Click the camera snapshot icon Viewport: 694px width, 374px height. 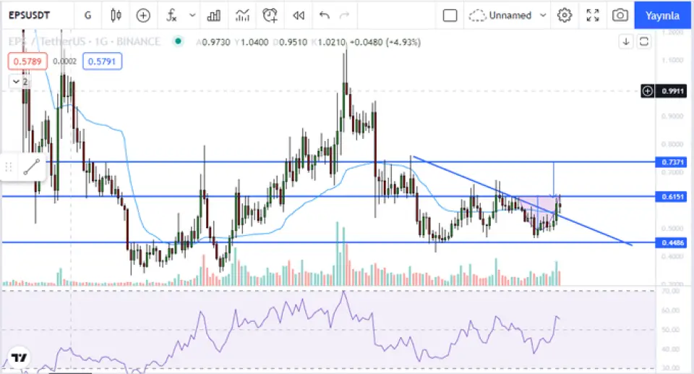pos(620,15)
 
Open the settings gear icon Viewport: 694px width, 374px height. pos(565,15)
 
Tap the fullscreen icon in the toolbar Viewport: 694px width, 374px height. pos(593,15)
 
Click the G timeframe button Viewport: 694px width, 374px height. pos(87,15)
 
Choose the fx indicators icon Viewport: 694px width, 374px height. pos(172,15)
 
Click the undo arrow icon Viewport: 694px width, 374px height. pos(324,15)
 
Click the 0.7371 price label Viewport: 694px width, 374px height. pos(673,163)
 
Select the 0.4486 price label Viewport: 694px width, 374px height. pos(673,242)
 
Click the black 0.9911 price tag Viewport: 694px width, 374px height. pos(672,91)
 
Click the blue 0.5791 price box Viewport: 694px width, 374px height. pos(104,62)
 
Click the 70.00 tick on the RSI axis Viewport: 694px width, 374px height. pos(672,291)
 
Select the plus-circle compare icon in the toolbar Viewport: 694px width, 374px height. pos(143,15)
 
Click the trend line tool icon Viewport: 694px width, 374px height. pos(31,167)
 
